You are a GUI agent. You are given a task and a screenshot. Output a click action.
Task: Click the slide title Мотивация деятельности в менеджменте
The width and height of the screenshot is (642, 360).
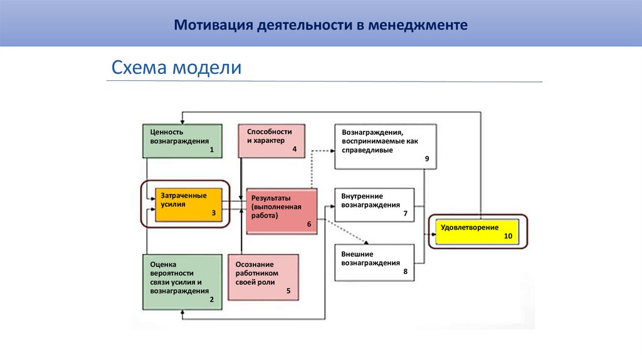coord(320,26)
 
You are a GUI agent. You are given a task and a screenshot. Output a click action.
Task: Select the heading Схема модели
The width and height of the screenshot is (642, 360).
coord(176,68)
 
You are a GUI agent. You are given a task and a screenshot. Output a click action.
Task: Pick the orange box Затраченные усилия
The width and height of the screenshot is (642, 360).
coord(189,204)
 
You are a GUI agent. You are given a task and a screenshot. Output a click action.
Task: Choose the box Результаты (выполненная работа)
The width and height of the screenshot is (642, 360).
coord(282,211)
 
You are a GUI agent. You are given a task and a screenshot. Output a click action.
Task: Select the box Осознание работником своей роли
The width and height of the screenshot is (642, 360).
coord(263,277)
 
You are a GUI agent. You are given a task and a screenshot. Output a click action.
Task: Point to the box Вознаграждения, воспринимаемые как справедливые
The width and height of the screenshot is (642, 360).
coord(386,146)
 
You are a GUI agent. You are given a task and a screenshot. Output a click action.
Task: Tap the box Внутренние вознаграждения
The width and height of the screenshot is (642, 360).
coord(374,204)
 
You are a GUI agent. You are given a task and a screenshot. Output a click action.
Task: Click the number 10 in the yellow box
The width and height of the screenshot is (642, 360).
coord(508,236)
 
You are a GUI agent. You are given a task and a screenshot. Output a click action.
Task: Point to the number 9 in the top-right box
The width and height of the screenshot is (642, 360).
coord(426,159)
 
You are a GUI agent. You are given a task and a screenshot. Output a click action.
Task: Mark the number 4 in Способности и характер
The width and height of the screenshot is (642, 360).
coord(294,149)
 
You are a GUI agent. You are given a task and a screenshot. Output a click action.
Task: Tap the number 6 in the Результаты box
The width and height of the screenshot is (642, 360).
coord(309,224)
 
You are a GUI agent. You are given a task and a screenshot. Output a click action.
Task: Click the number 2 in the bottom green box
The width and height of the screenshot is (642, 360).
coord(212,300)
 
